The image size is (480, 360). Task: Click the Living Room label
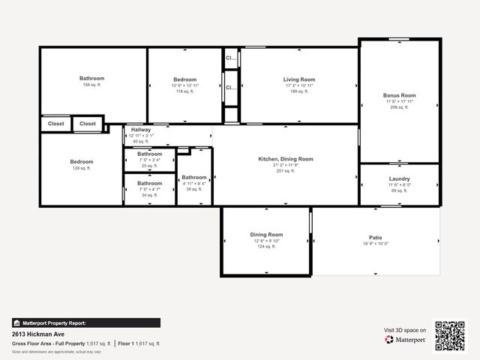(x=298, y=79)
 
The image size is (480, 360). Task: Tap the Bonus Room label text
(x=399, y=95)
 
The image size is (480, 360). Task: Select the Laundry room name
(x=399, y=178)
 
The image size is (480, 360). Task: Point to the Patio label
(x=375, y=237)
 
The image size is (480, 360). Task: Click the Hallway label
(x=141, y=130)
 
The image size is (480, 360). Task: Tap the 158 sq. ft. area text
(x=92, y=85)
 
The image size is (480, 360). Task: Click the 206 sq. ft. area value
(x=399, y=107)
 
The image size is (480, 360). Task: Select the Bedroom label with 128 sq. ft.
(x=82, y=162)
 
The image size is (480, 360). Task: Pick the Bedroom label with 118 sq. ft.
(x=185, y=79)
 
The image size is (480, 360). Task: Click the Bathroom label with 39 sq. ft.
(x=193, y=178)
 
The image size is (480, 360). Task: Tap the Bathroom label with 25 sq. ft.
(x=149, y=154)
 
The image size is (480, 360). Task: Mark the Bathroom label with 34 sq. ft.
(x=149, y=183)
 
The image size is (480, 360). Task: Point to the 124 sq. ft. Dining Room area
(x=266, y=247)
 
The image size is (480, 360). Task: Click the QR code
(x=450, y=335)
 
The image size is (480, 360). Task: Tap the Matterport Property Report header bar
(x=85, y=323)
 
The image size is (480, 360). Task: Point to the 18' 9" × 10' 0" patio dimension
(x=375, y=244)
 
